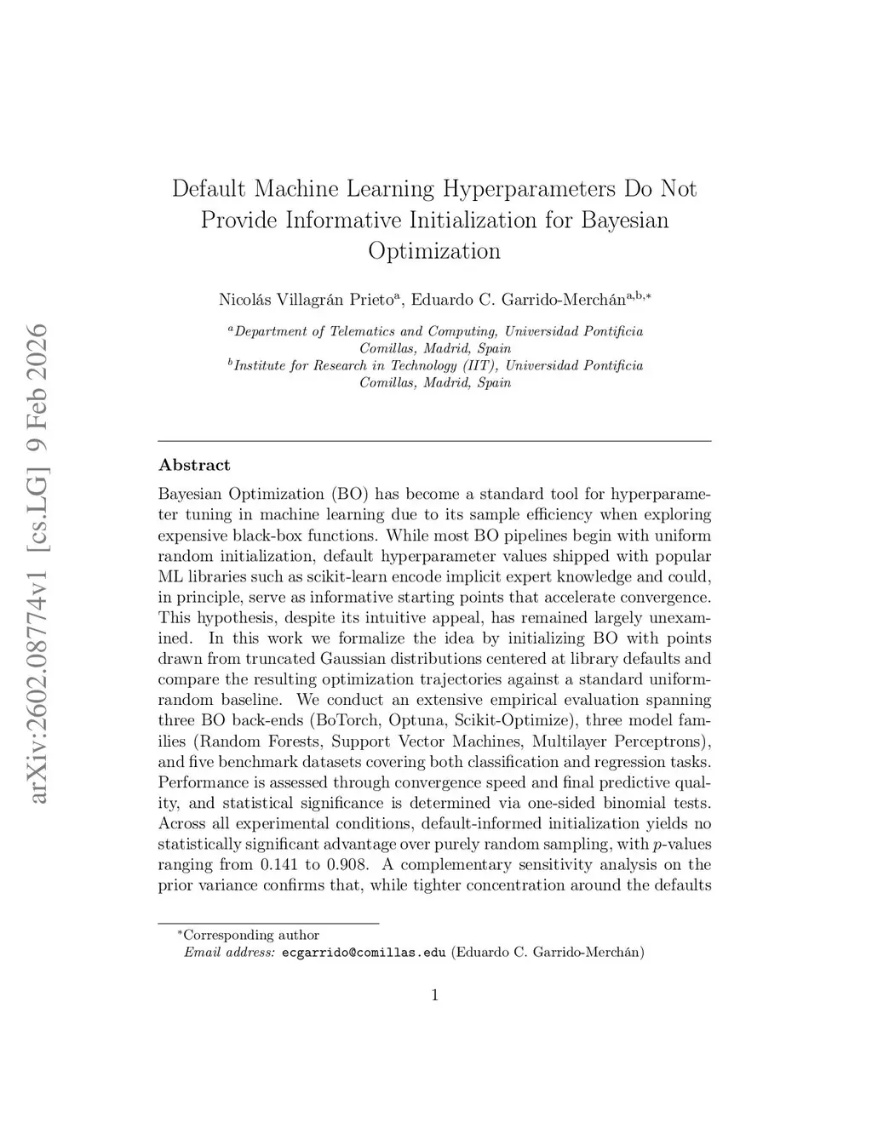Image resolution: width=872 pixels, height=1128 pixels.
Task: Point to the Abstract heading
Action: point(194,465)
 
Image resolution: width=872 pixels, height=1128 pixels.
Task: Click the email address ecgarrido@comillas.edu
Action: point(364,953)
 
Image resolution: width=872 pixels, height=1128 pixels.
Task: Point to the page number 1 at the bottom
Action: point(435,995)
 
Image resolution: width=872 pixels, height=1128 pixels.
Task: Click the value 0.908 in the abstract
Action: point(348,865)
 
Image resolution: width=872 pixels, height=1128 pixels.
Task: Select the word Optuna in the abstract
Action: point(414,720)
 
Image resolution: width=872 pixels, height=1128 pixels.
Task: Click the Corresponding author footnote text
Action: point(252,936)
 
